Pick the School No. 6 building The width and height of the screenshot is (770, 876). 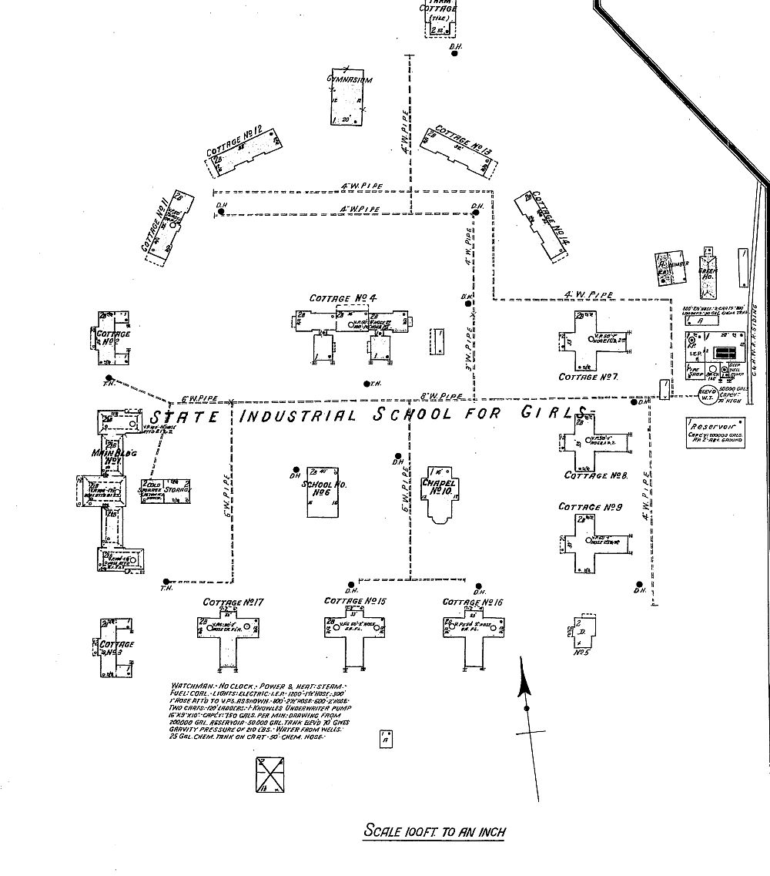[323, 492]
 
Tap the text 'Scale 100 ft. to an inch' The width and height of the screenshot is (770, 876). [435, 831]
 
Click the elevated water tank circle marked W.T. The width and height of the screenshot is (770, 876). [707, 396]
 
